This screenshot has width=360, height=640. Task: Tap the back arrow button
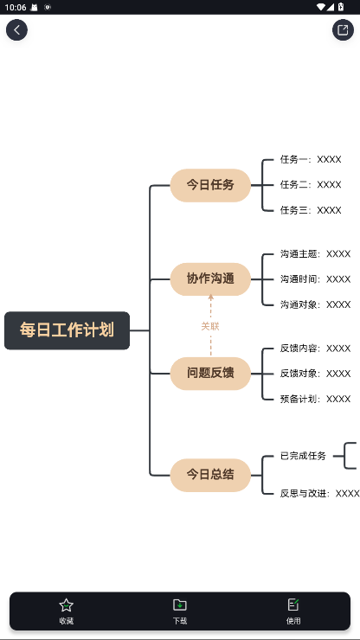click(16, 30)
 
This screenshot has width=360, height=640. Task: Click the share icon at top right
click(343, 30)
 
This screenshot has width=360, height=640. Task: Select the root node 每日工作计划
click(67, 330)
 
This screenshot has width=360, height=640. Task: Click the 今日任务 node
click(210, 185)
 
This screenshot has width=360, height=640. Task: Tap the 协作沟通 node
click(210, 278)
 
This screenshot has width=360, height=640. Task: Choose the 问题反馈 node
click(210, 373)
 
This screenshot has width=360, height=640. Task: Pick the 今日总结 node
click(210, 475)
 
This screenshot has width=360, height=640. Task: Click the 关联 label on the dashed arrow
click(210, 326)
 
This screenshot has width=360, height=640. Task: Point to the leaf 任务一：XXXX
click(310, 160)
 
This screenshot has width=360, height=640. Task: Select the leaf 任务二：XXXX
click(310, 185)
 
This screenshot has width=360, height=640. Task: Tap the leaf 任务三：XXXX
click(310, 210)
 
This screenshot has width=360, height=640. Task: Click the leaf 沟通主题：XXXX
click(315, 254)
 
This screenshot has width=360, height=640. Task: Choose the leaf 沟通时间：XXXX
click(315, 279)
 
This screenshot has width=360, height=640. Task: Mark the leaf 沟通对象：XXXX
click(315, 304)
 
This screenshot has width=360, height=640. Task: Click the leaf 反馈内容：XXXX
click(315, 349)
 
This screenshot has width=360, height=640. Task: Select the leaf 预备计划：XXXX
click(315, 399)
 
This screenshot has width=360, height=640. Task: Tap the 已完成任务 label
click(303, 456)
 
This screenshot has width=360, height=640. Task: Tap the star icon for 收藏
click(66, 605)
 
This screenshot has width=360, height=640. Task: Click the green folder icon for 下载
click(180, 605)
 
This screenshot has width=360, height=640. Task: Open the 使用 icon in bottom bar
click(293, 605)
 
